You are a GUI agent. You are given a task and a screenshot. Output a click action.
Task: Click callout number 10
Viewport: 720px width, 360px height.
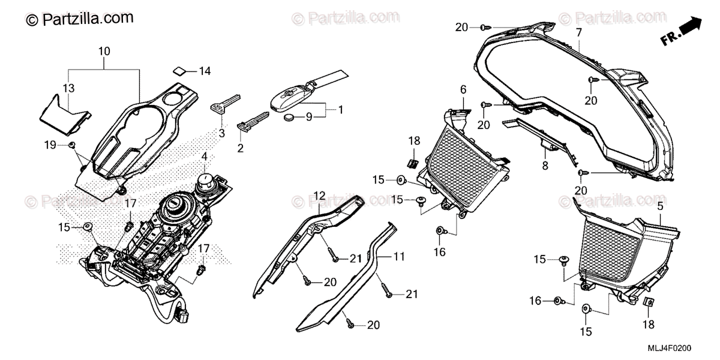pos(104,52)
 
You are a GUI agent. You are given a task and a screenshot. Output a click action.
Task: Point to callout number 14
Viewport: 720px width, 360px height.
pos(205,71)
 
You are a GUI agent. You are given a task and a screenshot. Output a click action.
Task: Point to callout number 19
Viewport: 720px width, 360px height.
pos(50,145)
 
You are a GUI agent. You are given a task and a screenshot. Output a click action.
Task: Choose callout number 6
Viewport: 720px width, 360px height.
pos(463,89)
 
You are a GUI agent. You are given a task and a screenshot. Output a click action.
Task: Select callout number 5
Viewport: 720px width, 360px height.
pos(660,207)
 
